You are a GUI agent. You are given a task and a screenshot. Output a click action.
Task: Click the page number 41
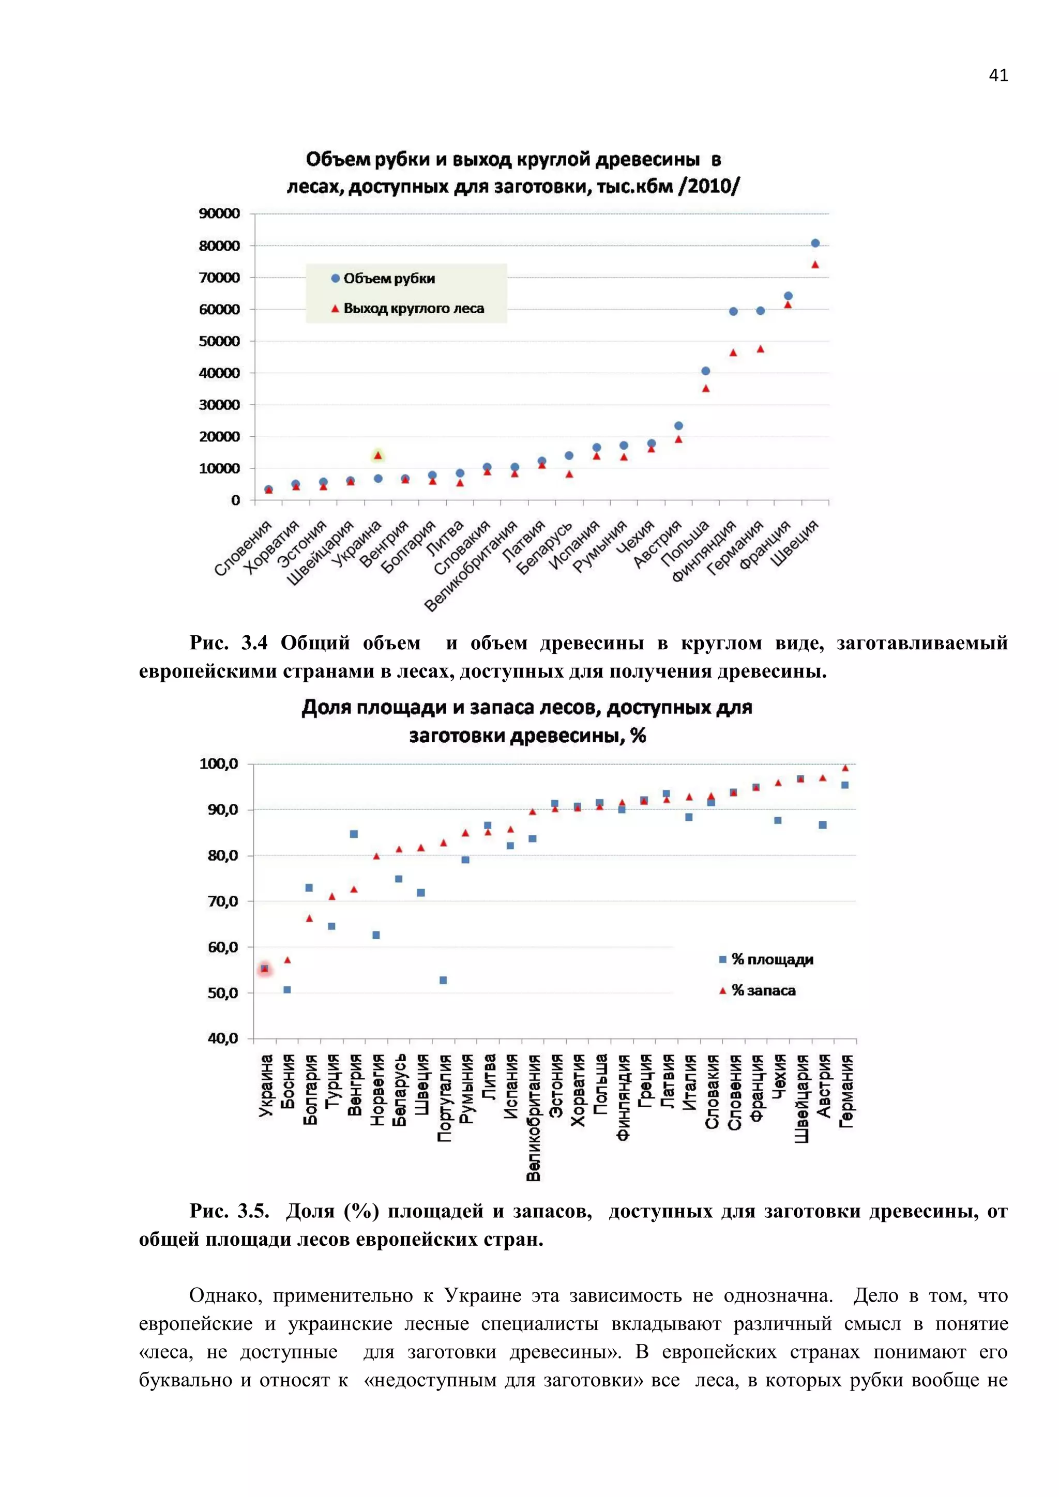click(997, 75)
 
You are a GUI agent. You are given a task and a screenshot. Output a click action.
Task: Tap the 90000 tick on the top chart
click(219, 213)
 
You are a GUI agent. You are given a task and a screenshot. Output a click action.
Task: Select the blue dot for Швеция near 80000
click(815, 243)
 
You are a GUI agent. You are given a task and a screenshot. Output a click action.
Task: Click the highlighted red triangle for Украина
click(377, 455)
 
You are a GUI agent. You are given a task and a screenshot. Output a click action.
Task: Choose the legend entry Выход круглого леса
click(407, 309)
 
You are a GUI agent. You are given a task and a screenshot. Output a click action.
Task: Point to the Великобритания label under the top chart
click(471, 566)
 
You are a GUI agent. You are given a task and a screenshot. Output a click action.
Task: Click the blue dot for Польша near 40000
click(705, 371)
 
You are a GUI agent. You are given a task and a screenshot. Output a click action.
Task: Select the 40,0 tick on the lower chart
click(223, 1038)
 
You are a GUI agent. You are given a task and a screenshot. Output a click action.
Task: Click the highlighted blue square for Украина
click(264, 969)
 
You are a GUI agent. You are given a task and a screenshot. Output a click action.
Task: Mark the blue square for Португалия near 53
click(444, 980)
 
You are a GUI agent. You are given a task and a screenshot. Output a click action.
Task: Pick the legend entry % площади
click(766, 959)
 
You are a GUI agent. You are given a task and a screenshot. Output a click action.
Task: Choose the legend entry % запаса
click(757, 990)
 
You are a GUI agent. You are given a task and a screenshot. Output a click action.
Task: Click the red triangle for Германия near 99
click(845, 768)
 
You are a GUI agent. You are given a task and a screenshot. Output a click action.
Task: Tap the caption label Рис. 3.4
click(228, 643)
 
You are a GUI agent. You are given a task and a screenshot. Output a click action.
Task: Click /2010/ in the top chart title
click(709, 187)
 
